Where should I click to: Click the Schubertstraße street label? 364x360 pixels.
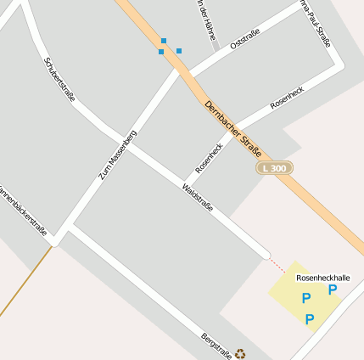point(59,79)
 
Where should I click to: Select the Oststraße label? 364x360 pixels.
point(244,38)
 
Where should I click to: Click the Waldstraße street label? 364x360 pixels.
point(198,197)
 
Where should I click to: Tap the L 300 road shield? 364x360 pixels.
point(274,168)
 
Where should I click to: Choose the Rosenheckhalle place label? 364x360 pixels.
point(322,278)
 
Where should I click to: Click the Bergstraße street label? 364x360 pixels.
point(216,346)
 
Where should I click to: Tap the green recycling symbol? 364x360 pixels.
point(240,354)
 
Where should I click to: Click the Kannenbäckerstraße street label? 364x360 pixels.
point(22,207)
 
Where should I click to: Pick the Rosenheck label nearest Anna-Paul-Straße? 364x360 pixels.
point(286,95)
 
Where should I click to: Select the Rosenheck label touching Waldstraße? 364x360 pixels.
point(209,158)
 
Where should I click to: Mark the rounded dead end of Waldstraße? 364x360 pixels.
point(266,253)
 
